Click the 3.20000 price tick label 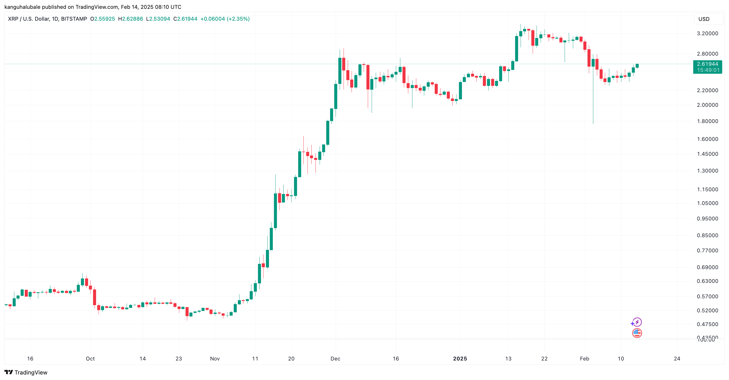[x=707, y=33]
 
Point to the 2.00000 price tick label [x=707, y=105]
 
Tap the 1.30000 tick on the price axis [x=707, y=171]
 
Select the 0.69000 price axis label [x=707, y=267]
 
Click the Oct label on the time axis [x=90, y=359]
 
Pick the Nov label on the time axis [x=215, y=359]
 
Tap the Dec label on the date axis [x=335, y=359]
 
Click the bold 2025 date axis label [x=460, y=359]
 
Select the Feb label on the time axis [x=584, y=359]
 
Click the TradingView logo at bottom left [x=26, y=372]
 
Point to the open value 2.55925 [x=104, y=19]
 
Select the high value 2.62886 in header [x=132, y=19]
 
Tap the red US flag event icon [x=637, y=333]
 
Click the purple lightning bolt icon [x=636, y=322]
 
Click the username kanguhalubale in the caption [x=22, y=7]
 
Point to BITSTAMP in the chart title [x=74, y=19]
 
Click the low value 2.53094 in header [x=160, y=19]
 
